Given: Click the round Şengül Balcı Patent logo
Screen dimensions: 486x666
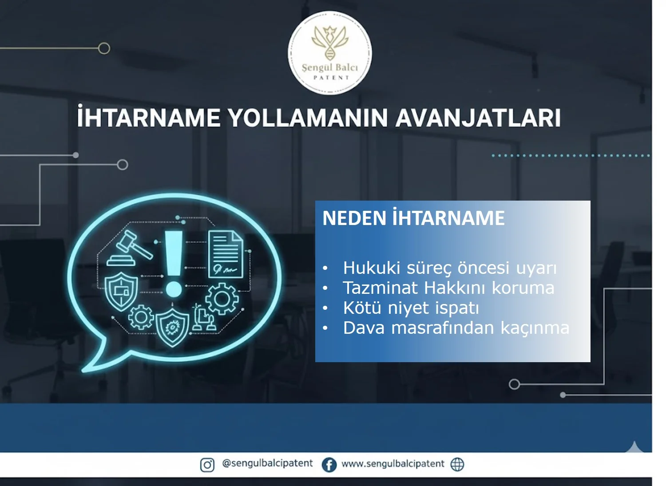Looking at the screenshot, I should (x=330, y=53).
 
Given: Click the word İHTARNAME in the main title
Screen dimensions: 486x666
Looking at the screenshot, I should (x=148, y=118).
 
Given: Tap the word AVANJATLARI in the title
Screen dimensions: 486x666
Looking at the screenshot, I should (x=478, y=118).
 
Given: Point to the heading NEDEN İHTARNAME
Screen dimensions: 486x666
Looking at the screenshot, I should (x=413, y=218).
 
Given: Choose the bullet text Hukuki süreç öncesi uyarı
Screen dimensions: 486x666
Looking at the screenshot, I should (x=449, y=268).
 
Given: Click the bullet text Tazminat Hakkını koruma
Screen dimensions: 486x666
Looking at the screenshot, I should (x=448, y=288).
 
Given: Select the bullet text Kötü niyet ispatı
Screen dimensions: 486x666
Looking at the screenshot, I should (x=411, y=308).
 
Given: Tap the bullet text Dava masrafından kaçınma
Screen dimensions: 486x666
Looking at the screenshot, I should (x=456, y=328).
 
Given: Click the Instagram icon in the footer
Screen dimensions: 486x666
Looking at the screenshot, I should (x=207, y=465).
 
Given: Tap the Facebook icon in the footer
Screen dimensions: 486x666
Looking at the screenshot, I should (x=329, y=465).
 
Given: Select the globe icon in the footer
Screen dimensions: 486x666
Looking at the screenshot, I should (x=457, y=464).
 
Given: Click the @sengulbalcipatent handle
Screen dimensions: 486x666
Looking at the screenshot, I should (x=267, y=463).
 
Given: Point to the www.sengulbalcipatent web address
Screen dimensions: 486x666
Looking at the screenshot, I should (x=392, y=464).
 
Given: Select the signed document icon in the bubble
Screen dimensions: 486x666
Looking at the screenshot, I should (x=226, y=254).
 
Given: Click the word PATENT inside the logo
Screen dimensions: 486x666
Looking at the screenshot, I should (x=331, y=78).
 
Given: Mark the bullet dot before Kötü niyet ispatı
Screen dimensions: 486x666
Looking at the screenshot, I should (x=325, y=308).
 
